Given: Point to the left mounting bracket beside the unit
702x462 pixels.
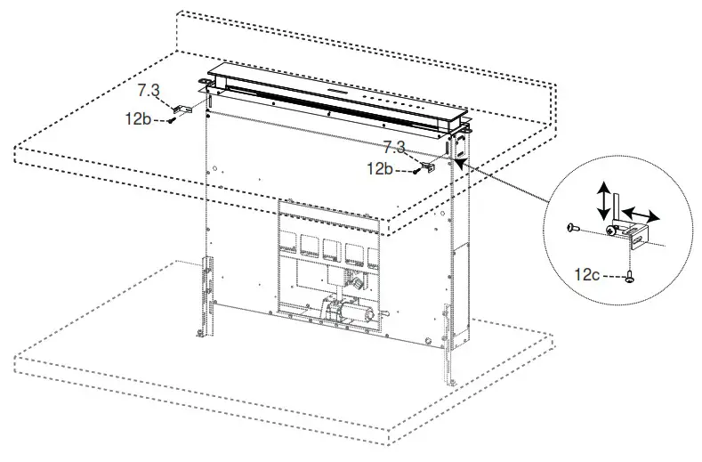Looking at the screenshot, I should point(184,109).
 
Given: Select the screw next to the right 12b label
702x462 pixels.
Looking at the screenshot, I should point(416,169).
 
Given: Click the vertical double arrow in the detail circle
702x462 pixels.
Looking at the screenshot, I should point(602,199).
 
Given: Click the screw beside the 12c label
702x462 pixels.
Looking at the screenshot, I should point(631,276).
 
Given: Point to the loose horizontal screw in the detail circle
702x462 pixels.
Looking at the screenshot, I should point(573,229).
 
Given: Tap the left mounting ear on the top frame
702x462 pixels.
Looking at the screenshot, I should point(208,86).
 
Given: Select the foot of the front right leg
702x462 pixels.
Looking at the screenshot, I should point(452,381).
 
